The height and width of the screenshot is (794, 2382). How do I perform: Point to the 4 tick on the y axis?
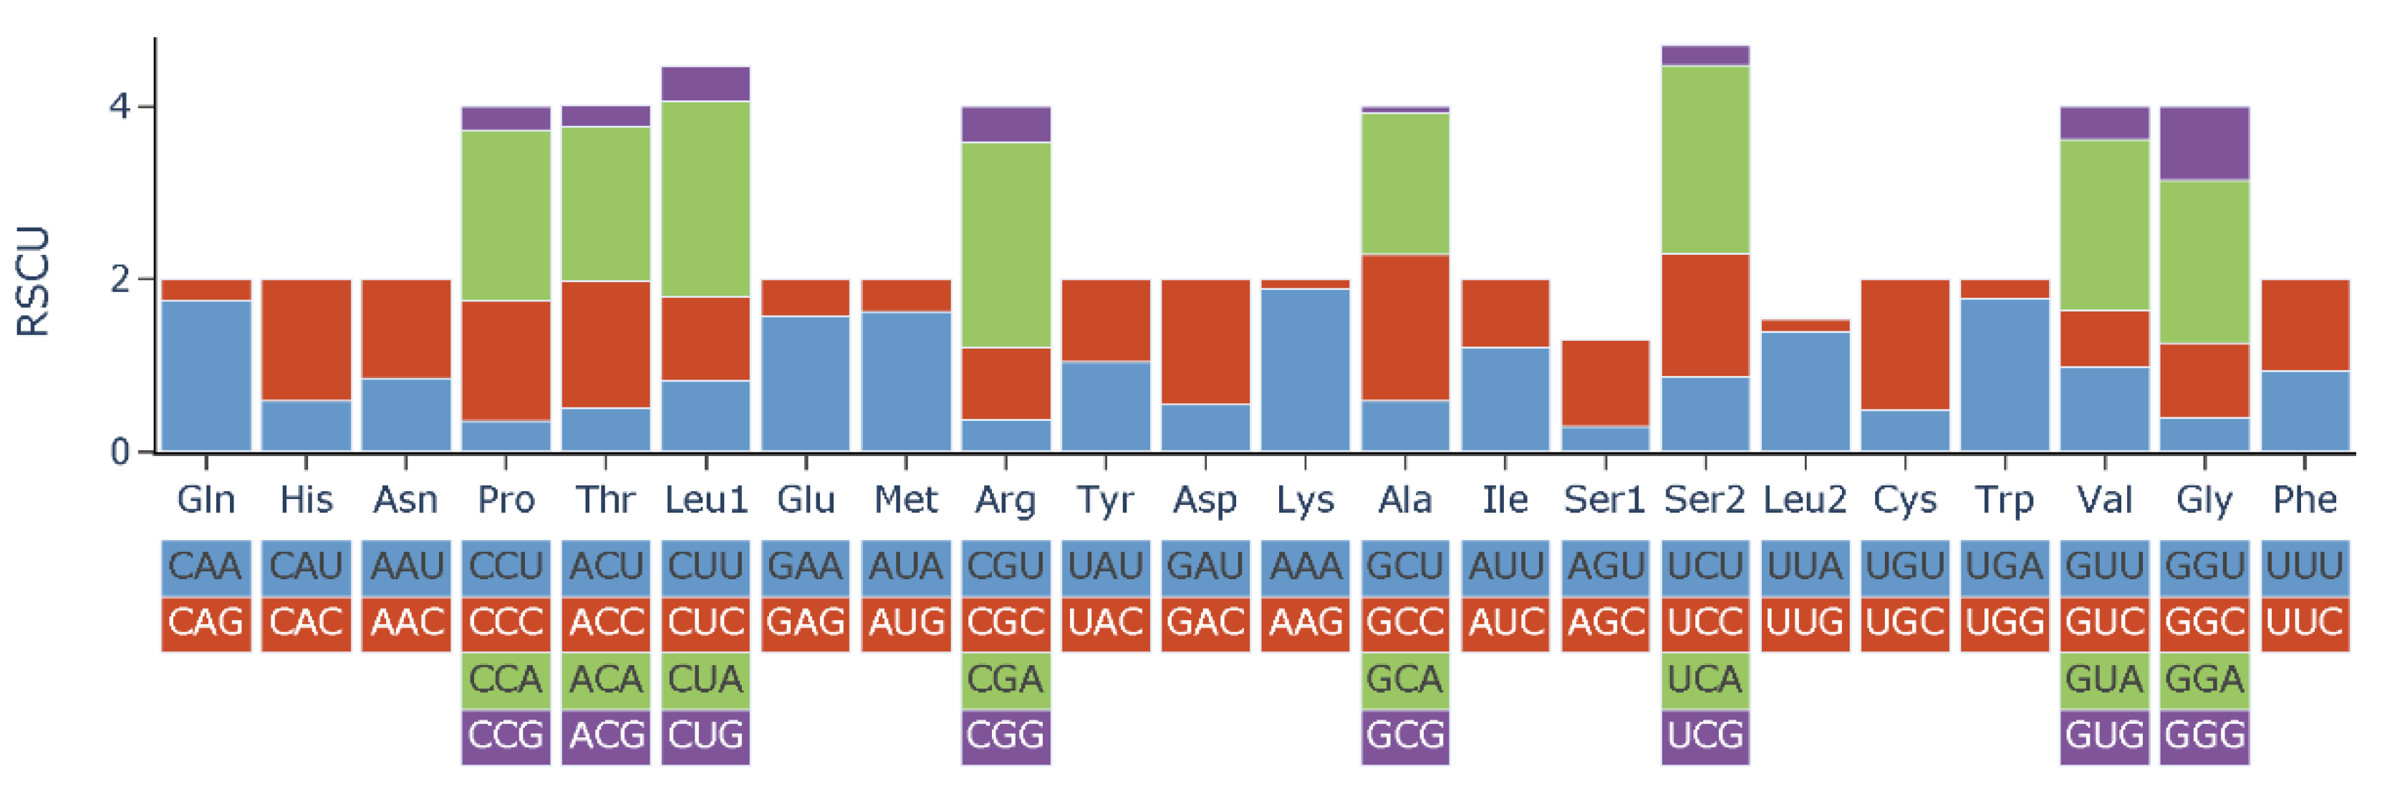(x=120, y=106)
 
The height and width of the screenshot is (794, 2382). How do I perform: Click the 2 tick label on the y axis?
(x=120, y=279)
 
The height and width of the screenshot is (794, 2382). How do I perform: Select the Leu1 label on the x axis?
(x=705, y=500)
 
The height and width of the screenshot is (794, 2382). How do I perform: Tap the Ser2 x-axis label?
(x=1704, y=500)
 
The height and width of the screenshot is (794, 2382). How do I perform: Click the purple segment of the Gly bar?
(x=2204, y=143)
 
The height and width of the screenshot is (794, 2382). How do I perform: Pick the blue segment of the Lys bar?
(x=1305, y=369)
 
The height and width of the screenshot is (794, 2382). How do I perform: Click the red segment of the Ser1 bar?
(x=1605, y=382)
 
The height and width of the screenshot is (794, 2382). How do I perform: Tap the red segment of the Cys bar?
(x=1905, y=344)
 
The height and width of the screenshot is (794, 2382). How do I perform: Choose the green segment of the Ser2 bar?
(x=1705, y=159)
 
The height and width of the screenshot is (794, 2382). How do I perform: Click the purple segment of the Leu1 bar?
(x=705, y=84)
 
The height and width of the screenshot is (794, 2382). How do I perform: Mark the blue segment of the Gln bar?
(x=206, y=375)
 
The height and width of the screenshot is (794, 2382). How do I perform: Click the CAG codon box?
(x=206, y=623)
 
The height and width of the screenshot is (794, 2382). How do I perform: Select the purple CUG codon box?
(x=705, y=737)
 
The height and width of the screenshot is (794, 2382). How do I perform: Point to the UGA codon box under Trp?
(x=2005, y=566)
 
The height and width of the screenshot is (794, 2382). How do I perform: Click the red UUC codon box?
(x=2305, y=623)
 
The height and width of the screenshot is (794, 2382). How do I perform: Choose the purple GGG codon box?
(x=2204, y=737)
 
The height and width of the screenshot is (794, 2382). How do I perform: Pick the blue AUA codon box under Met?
(x=905, y=566)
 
